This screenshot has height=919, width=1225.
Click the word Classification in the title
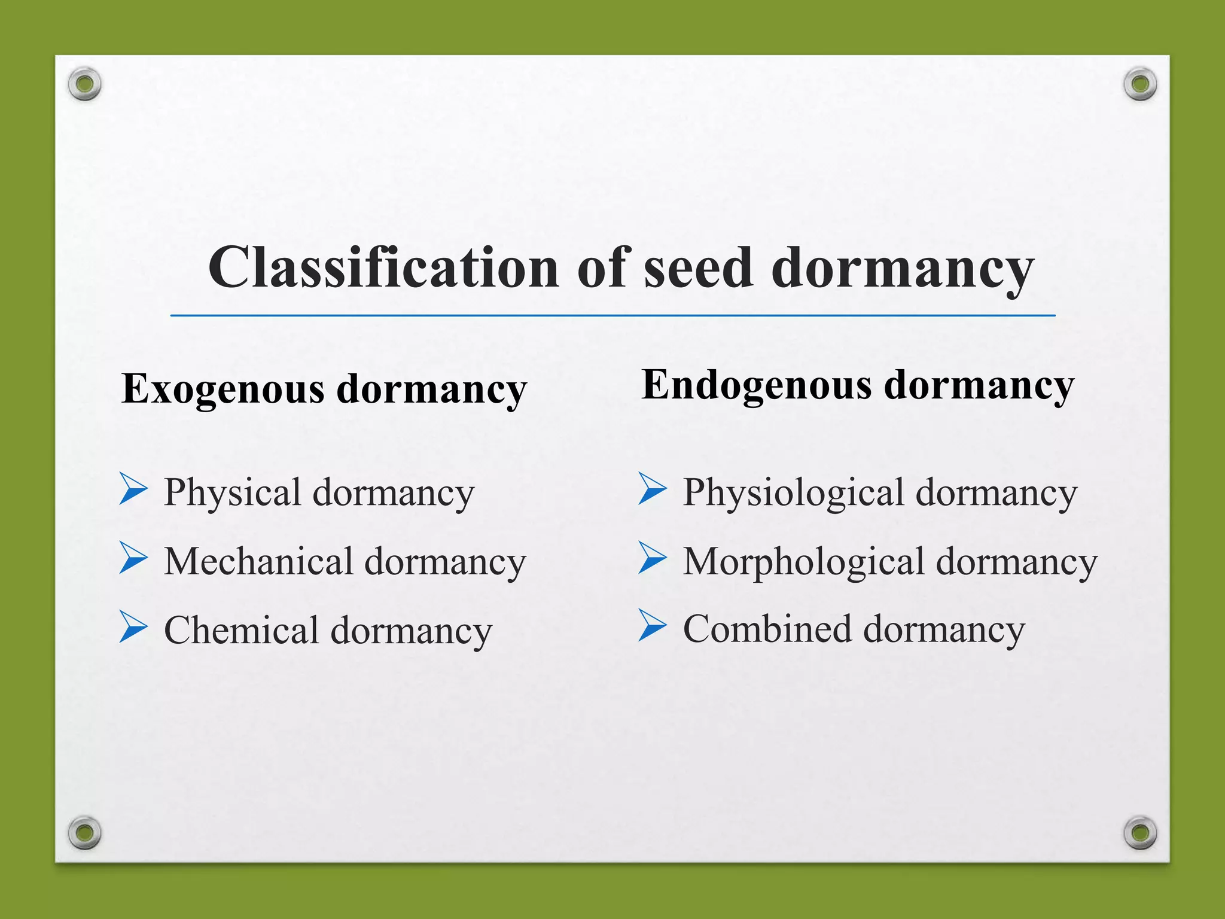tap(383, 267)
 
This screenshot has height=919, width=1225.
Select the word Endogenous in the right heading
tap(757, 386)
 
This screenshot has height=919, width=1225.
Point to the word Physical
tap(232, 494)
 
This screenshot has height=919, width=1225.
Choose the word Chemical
tap(241, 631)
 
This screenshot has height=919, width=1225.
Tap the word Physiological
tap(793, 494)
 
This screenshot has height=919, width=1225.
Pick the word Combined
tap(767, 629)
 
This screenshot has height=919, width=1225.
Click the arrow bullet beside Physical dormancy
tap(133, 489)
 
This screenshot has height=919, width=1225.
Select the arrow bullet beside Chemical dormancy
tap(133, 626)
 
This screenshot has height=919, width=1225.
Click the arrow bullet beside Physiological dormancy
tap(652, 489)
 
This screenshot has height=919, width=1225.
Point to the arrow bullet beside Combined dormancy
tap(652, 625)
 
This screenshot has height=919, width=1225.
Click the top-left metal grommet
tap(84, 84)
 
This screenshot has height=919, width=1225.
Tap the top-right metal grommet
tap(1140, 84)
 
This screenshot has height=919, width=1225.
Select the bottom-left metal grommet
tap(84, 832)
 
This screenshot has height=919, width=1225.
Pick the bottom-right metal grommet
tap(1140, 832)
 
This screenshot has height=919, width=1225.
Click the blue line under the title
tap(612, 315)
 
